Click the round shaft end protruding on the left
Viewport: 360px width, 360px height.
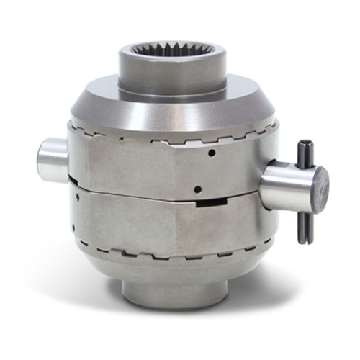click(x=53, y=160)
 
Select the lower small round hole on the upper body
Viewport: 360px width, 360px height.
click(x=197, y=189)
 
